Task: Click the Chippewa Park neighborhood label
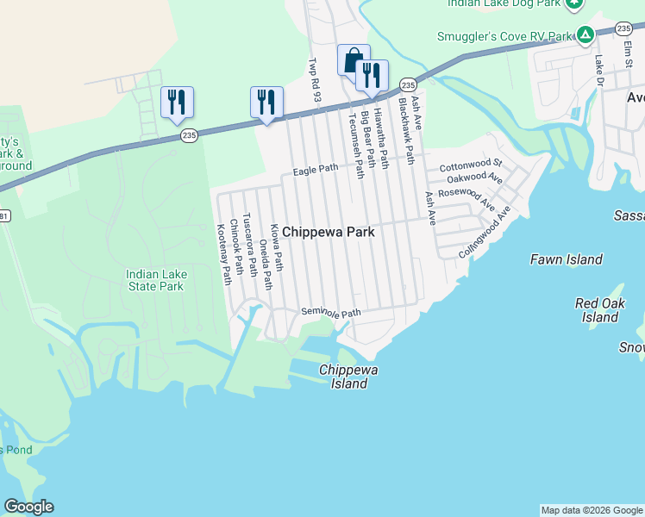(329, 232)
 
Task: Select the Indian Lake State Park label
(155, 280)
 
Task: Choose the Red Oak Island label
(599, 310)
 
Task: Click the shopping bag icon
(354, 60)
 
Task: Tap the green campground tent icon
(585, 36)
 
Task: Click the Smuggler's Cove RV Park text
(505, 36)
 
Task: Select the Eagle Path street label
(316, 170)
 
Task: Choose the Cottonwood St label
(470, 164)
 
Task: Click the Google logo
(28, 507)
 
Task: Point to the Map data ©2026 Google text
(592, 510)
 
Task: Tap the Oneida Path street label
(266, 264)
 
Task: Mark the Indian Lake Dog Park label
(501, 3)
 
